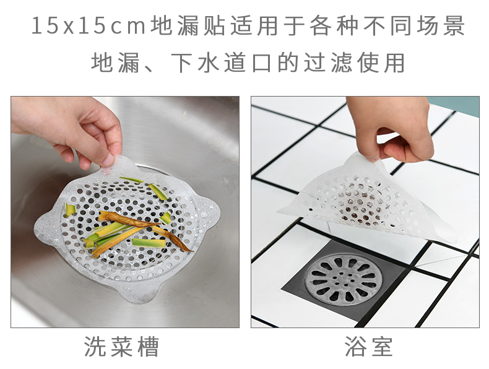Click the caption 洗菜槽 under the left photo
tap(121, 347)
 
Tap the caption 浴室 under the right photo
tap(369, 347)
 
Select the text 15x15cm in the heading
tap(89, 25)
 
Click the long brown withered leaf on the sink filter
tap(145, 229)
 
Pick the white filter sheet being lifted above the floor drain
tap(368, 199)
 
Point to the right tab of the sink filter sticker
tap(209, 213)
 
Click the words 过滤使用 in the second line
tap(354, 63)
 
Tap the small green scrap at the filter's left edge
tap(71, 209)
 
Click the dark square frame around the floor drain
tap(345, 307)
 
